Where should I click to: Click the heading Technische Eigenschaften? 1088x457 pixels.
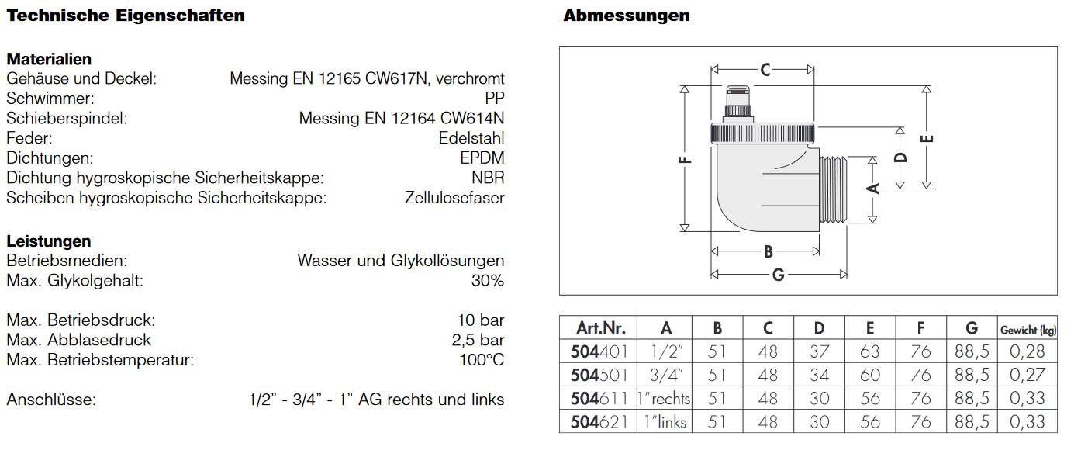tap(126, 16)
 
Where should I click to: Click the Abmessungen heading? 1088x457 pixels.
tap(626, 16)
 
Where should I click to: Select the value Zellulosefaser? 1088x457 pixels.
tap(454, 198)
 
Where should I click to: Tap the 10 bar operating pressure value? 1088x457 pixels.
tap(480, 320)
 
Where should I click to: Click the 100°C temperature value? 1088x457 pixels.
tap(481, 360)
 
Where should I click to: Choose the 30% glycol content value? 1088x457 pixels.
tap(487, 281)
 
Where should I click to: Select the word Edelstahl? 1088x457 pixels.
tap(471, 138)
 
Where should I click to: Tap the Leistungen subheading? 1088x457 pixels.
tap(49, 241)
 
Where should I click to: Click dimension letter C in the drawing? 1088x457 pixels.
tap(765, 70)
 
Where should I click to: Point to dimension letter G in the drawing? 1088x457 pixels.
tap(778, 274)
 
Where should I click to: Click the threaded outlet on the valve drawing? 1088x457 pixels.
tap(834, 190)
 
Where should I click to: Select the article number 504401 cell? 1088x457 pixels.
tap(599, 351)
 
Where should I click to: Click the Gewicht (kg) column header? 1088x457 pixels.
tap(1028, 329)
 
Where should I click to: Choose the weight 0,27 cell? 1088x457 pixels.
tap(1027, 375)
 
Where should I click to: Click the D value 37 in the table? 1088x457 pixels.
tap(819, 351)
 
